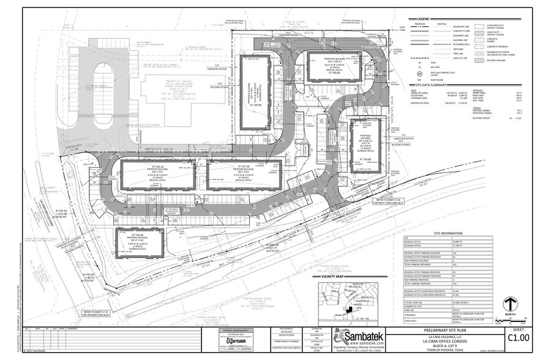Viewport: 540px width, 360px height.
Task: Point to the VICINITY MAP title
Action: tap(329, 277)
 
